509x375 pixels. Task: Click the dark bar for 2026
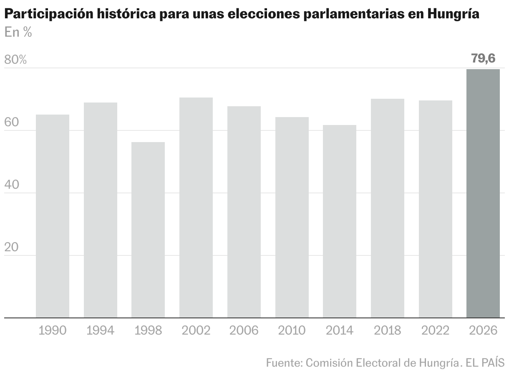pyautogui.click(x=483, y=193)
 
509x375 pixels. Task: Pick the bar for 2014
pyautogui.click(x=340, y=221)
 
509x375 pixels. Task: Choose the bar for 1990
pyautogui.click(x=53, y=216)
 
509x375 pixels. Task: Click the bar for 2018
pyautogui.click(x=388, y=208)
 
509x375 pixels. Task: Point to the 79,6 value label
pyautogui.click(x=483, y=58)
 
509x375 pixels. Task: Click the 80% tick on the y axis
pyautogui.click(x=15, y=60)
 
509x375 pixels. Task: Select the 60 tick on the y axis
pyautogui.click(x=12, y=122)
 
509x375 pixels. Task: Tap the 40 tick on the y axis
pyautogui.click(x=12, y=185)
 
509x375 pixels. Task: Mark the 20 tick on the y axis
pyautogui.click(x=12, y=247)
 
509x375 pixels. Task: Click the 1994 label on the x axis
pyautogui.click(x=100, y=331)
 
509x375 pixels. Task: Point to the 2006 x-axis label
pyautogui.click(x=244, y=331)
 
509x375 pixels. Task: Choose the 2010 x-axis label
pyautogui.click(x=292, y=331)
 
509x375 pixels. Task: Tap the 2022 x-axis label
pyautogui.click(x=435, y=331)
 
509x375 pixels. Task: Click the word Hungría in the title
pyautogui.click(x=453, y=15)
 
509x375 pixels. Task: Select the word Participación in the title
pyautogui.click(x=48, y=15)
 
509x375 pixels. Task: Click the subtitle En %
pyautogui.click(x=18, y=32)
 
